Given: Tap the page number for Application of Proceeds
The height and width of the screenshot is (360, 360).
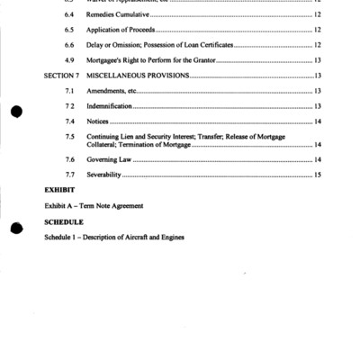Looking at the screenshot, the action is point(318,31).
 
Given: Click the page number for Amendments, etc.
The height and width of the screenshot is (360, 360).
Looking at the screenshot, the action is point(318,91).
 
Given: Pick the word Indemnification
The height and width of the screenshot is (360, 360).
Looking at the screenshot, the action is point(113,106).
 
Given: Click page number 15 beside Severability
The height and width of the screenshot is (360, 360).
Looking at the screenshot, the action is point(318,174).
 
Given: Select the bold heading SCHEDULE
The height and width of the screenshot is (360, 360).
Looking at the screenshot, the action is point(64,221).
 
